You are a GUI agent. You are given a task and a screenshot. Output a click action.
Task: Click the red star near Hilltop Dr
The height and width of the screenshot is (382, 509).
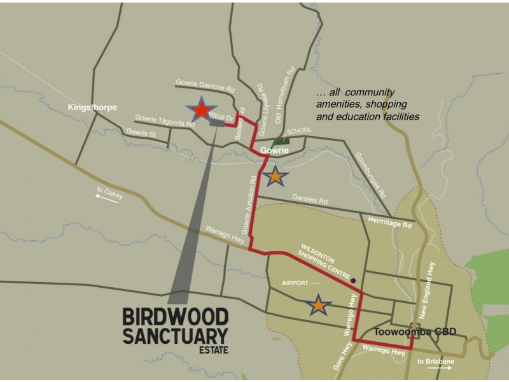click(201, 111)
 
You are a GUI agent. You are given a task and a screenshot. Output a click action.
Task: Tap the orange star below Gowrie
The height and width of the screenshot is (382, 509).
click(275, 176)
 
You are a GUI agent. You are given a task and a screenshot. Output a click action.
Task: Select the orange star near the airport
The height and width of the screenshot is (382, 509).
click(318, 306)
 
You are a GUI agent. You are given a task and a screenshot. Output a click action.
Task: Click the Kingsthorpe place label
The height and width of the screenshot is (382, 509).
click(92, 108)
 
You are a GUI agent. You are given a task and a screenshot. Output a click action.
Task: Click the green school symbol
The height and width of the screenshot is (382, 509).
click(279, 140)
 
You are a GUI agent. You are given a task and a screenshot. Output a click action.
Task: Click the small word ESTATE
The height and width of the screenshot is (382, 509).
click(214, 349)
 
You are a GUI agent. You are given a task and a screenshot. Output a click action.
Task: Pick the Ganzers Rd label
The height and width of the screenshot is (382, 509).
click(310, 199)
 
